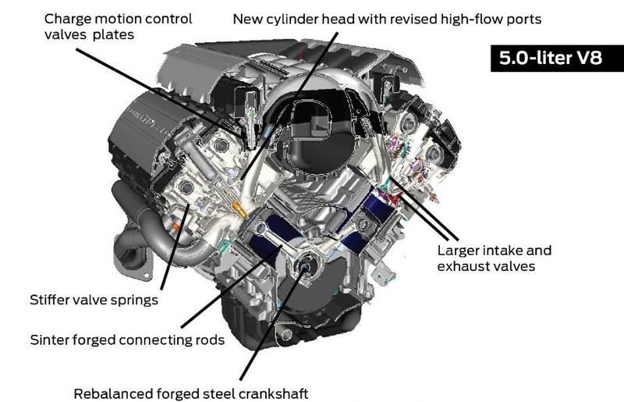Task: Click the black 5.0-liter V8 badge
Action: coord(546,59)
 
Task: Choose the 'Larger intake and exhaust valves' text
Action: coord(494,258)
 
